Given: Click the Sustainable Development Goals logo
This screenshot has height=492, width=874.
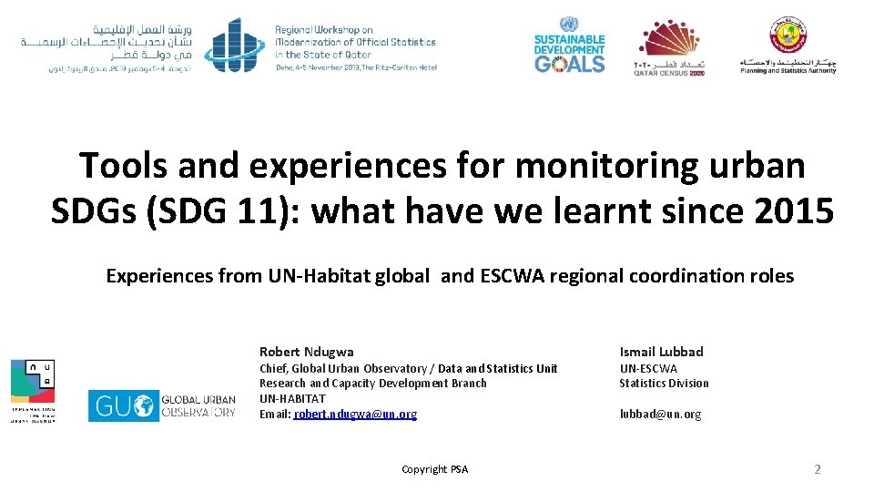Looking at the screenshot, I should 569,45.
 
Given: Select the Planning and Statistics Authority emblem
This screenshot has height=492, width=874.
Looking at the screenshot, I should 788,45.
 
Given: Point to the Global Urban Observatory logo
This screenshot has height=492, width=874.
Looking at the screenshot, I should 162,405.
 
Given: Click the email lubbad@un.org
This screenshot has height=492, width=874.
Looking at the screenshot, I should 660,415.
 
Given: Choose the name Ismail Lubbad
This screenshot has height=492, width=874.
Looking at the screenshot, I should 661,352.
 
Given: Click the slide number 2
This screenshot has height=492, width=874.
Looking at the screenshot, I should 817,469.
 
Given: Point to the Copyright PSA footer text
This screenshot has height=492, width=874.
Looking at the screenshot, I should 434,469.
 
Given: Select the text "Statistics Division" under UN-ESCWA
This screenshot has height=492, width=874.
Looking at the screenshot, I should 664,384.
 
